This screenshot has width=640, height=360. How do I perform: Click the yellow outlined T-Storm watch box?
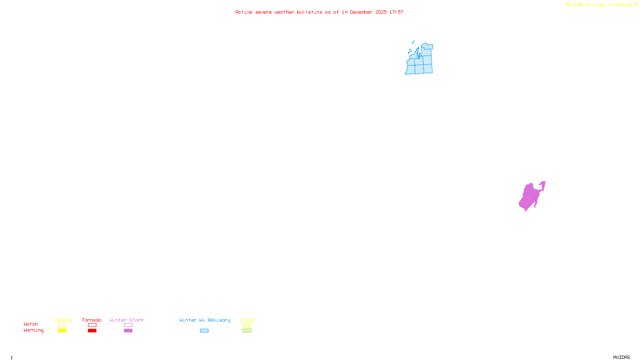pos(62,325)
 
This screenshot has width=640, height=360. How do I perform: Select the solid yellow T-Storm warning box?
pos(62,331)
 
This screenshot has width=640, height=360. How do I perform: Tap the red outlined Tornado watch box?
pos(92,325)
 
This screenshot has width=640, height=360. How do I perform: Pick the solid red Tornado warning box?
pos(92,331)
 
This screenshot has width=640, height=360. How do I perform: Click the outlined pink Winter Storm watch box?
pos(128,325)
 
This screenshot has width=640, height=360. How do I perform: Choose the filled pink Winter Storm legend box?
pos(128,331)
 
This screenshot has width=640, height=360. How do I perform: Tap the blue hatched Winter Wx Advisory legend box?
pos(204,331)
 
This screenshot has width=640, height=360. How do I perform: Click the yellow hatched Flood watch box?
pos(247,325)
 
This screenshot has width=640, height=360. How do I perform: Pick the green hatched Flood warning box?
pos(247,331)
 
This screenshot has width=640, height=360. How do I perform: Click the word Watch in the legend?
pos(31,324)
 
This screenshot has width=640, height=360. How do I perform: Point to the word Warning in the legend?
pos(33,330)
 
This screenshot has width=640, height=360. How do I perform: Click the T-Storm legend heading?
pos(62,320)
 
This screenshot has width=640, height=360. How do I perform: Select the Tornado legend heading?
pos(92,320)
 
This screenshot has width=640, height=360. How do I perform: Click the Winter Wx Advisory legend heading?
pos(205,320)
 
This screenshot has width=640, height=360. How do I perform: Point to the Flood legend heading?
pos(247,320)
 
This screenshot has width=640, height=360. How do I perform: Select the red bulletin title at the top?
pos(319,12)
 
